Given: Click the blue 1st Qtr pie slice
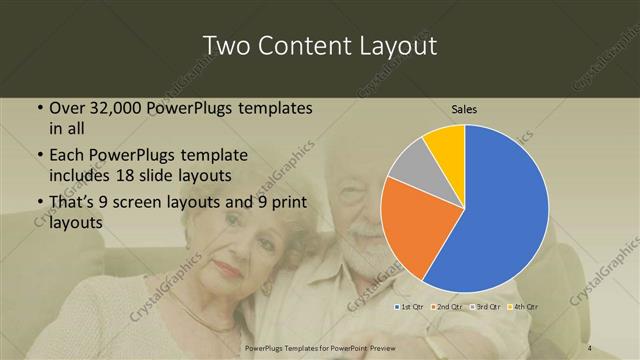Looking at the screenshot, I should pos(500,210).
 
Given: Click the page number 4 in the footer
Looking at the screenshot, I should pos(590,347).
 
